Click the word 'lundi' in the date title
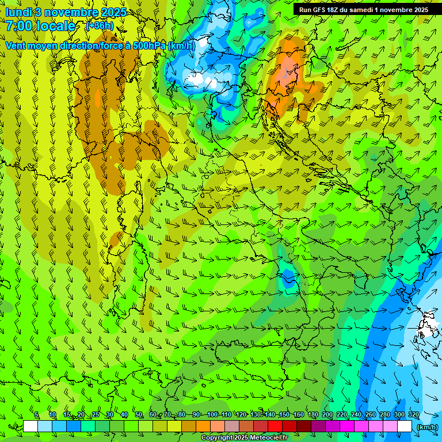(x=19, y=12)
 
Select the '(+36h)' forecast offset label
(x=100, y=26)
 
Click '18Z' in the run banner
(x=333, y=10)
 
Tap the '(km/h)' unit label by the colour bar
(x=428, y=426)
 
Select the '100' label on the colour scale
(x=212, y=415)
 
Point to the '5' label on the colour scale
(x=37, y=415)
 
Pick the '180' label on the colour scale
(x=313, y=415)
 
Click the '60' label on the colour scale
(x=153, y=415)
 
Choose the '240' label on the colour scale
(x=356, y=415)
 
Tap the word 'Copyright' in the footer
(x=216, y=438)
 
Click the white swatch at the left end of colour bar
(x=31, y=426)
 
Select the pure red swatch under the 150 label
(x=275, y=426)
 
